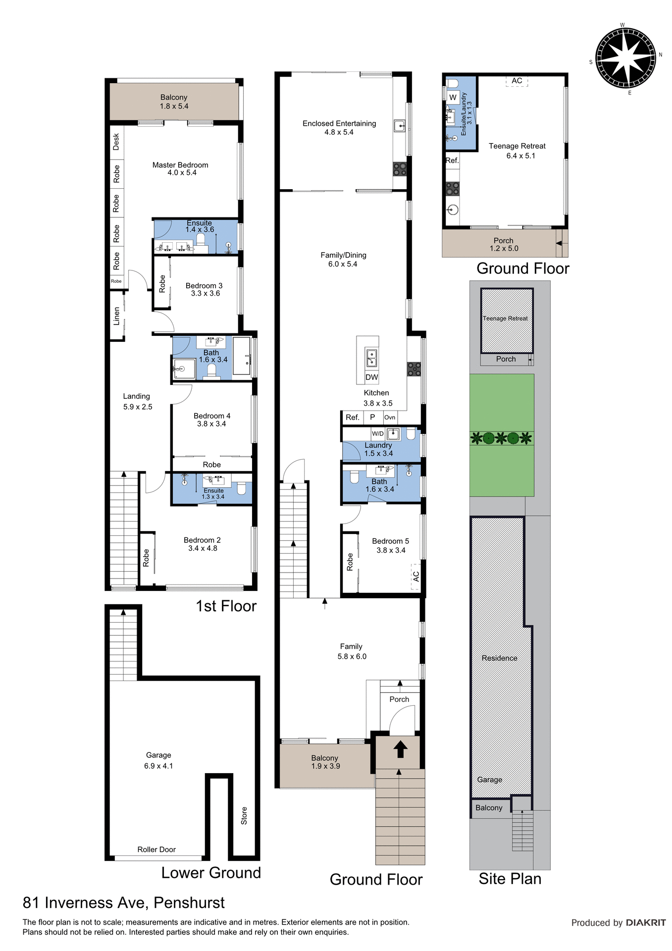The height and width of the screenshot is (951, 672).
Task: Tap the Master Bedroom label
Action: click(180, 165)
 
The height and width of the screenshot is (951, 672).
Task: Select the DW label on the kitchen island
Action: click(371, 377)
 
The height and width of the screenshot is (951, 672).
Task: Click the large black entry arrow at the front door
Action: click(400, 749)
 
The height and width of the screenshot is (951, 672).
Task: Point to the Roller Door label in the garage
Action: click(156, 849)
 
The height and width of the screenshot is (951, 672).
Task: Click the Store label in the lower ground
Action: click(244, 816)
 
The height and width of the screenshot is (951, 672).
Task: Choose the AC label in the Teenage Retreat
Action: click(517, 81)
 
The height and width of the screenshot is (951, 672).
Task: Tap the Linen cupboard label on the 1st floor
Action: click(117, 316)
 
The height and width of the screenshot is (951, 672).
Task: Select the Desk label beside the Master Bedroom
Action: click(116, 142)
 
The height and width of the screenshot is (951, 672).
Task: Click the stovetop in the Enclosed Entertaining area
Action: click(400, 169)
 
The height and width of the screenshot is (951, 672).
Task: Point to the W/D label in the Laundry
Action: click(378, 433)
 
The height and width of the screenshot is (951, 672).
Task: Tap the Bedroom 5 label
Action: click(390, 541)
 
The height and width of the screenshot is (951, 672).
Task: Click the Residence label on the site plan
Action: click(499, 658)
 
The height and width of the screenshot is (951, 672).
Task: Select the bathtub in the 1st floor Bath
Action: click(242, 357)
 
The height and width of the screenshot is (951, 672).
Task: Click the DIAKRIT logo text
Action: click(646, 923)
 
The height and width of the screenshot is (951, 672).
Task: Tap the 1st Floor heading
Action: click(226, 606)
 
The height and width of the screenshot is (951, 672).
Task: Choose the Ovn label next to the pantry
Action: click(390, 418)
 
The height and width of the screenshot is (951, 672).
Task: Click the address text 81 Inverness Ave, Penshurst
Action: click(124, 902)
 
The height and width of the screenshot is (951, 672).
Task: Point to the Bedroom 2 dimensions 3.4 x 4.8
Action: click(203, 548)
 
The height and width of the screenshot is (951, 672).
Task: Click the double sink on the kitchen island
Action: click(371, 358)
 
